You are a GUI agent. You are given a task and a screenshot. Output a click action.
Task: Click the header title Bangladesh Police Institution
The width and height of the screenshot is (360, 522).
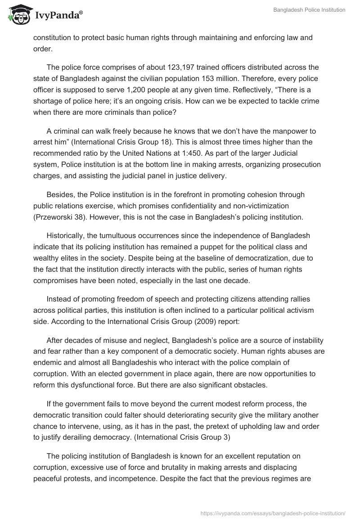tap(309, 10)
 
